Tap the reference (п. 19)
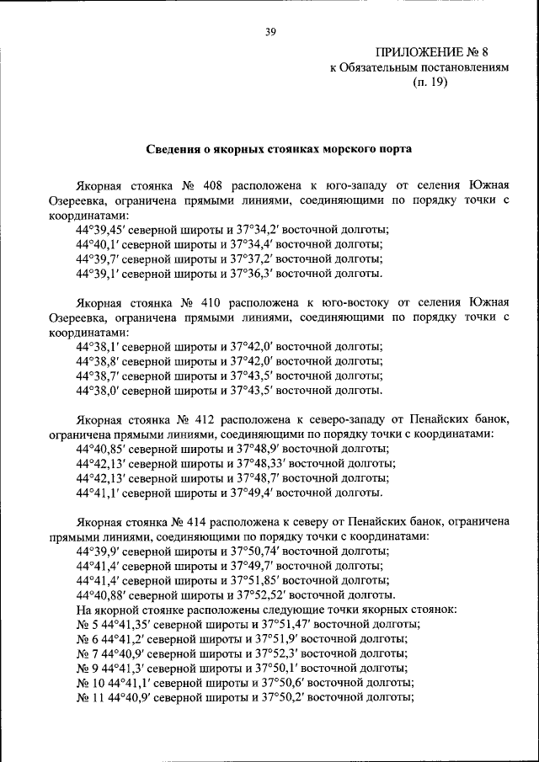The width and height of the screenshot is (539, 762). pos(431,83)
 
